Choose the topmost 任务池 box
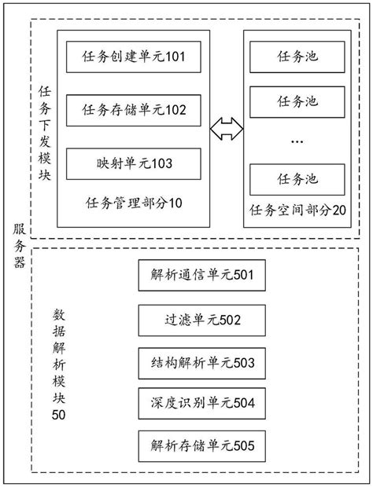[x=298, y=58]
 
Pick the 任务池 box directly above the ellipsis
[x=298, y=102]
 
